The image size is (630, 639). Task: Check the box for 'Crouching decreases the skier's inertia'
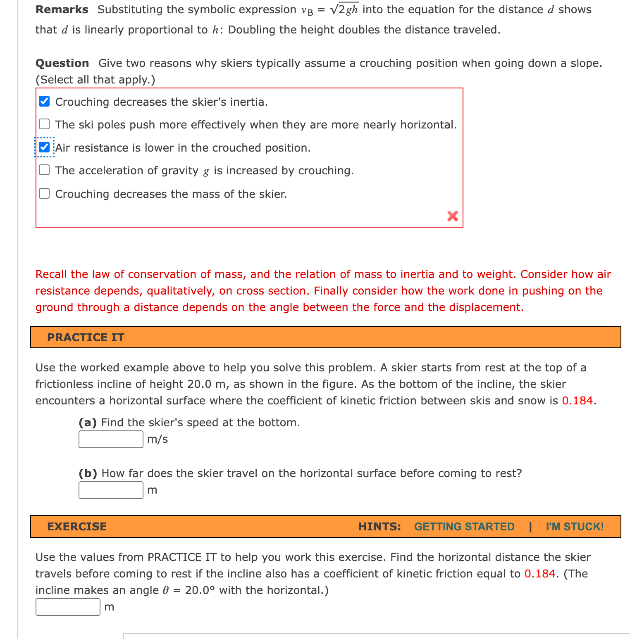pyautogui.click(x=44, y=102)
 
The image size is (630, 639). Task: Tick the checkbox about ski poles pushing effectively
pyautogui.click(x=44, y=124)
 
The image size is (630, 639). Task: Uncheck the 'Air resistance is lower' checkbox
pyautogui.click(x=44, y=147)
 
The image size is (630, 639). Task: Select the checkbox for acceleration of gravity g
pyautogui.click(x=44, y=170)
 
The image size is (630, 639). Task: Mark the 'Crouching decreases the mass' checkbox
pyautogui.click(x=44, y=194)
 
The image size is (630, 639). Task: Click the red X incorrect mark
pyautogui.click(x=453, y=216)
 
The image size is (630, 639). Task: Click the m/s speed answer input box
pyautogui.click(x=111, y=439)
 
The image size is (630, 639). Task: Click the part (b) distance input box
pyautogui.click(x=111, y=490)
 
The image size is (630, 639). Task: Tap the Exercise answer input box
pyautogui.click(x=68, y=607)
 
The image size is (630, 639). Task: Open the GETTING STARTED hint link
pyautogui.click(x=464, y=527)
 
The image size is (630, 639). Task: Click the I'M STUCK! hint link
pyautogui.click(x=575, y=527)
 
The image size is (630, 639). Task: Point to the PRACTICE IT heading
pyautogui.click(x=86, y=337)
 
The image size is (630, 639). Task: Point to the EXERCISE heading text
pyautogui.click(x=77, y=527)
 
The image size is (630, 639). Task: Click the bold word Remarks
pyautogui.click(x=62, y=10)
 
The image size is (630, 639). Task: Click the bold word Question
pyautogui.click(x=62, y=63)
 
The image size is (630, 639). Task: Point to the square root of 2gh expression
pyautogui.click(x=344, y=9)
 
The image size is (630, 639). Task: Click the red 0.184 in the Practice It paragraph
pyautogui.click(x=577, y=401)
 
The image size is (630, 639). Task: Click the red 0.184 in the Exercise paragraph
pyautogui.click(x=540, y=574)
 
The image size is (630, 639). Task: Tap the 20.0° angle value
pyautogui.click(x=200, y=590)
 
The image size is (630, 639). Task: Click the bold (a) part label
pyautogui.click(x=88, y=423)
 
